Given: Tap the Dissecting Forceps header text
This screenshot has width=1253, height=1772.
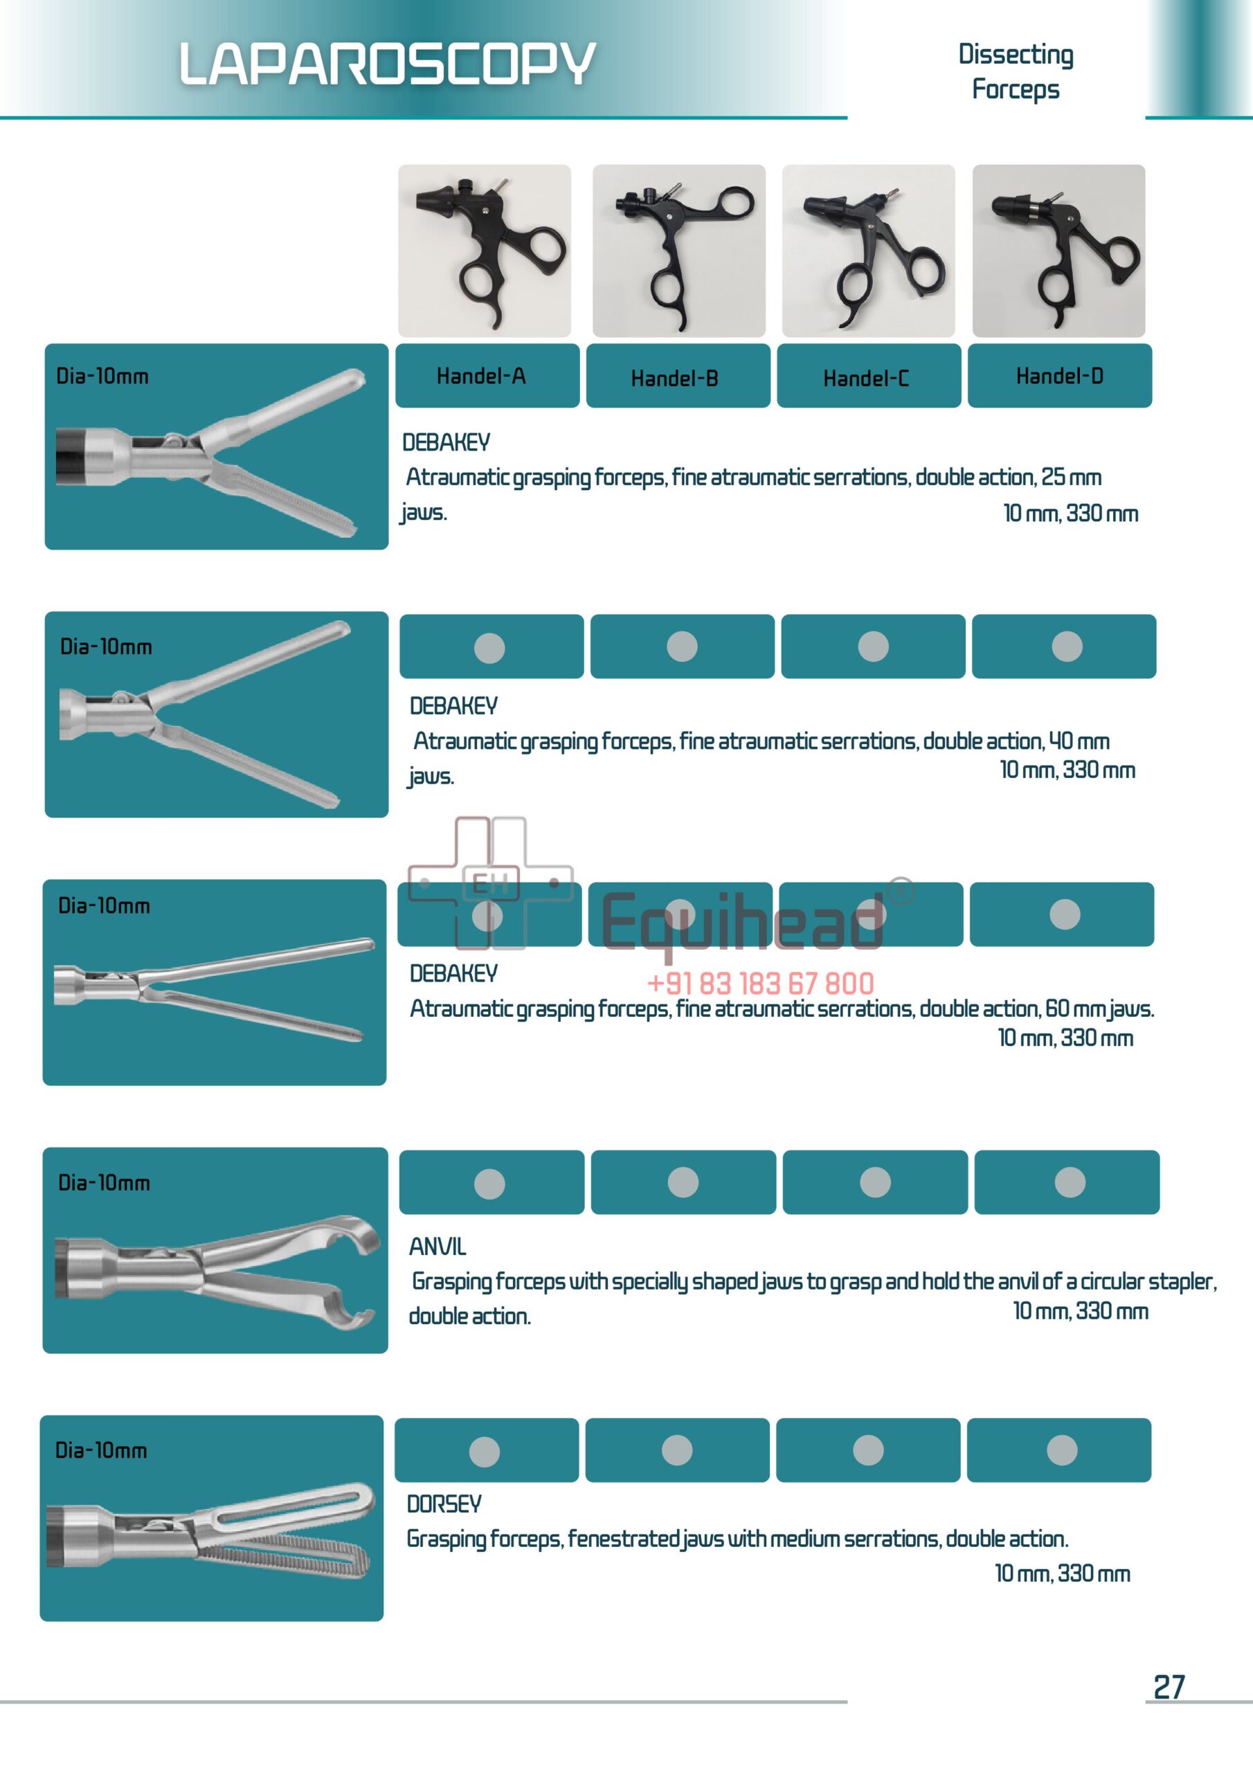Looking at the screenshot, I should (1016, 72).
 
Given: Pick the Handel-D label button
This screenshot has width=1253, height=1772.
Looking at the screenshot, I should (1059, 376).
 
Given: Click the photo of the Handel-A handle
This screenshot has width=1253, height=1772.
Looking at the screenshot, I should (484, 250).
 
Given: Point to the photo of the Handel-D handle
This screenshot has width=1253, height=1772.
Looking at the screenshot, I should (1058, 250).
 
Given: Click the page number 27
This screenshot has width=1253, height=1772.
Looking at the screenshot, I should (1168, 1687).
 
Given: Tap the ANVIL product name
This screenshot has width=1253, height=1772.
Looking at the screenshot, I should (437, 1247).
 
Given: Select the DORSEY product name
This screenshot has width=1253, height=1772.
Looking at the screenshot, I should (443, 1503).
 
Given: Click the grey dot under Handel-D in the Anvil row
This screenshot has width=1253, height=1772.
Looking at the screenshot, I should (1070, 1182).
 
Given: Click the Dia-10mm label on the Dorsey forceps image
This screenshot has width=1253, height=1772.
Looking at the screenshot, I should (101, 1450).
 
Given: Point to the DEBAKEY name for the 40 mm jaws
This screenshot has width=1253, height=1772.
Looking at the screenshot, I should (453, 705).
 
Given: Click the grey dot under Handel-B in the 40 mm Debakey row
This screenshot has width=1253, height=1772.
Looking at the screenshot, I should (682, 646).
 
